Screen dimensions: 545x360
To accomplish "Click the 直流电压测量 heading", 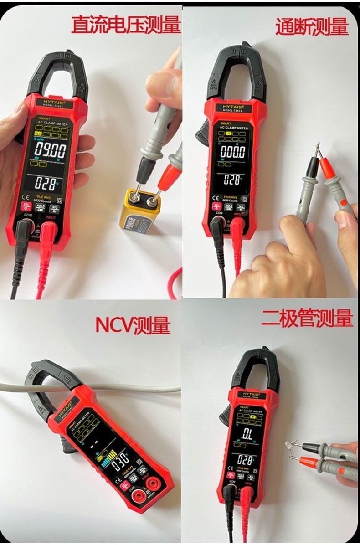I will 126,25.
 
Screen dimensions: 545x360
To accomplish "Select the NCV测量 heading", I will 133,325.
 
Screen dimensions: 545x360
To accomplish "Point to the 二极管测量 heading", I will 307,318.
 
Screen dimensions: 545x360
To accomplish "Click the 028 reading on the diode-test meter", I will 245,460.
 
